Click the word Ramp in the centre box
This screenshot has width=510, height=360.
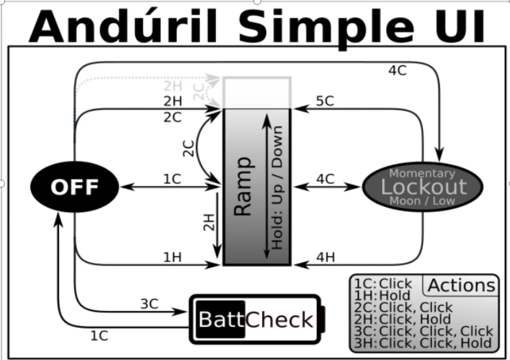pyautogui.click(x=243, y=187)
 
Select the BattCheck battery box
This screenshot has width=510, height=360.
pyautogui.click(x=255, y=319)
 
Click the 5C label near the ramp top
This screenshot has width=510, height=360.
pyautogui.click(x=325, y=101)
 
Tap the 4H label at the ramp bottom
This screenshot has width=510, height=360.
pyautogui.click(x=326, y=257)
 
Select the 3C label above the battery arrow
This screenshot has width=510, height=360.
pyautogui.click(x=149, y=304)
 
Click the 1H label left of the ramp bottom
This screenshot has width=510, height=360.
pyautogui.click(x=173, y=257)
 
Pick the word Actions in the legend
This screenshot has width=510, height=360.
pyautogui.click(x=462, y=285)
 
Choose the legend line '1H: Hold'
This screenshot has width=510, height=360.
pyautogui.click(x=382, y=295)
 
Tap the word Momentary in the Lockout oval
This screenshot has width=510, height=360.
pyautogui.click(x=422, y=173)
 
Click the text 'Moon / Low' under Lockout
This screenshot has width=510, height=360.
pyautogui.click(x=422, y=201)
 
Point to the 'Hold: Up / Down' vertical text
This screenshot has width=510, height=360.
pyautogui.click(x=277, y=187)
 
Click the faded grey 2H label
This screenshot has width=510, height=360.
pyautogui.click(x=173, y=86)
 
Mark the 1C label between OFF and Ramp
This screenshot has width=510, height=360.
pyautogui.click(x=172, y=179)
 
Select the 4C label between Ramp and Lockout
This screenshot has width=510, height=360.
pyautogui.click(x=326, y=179)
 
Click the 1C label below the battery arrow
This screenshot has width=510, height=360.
pyautogui.click(x=99, y=336)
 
